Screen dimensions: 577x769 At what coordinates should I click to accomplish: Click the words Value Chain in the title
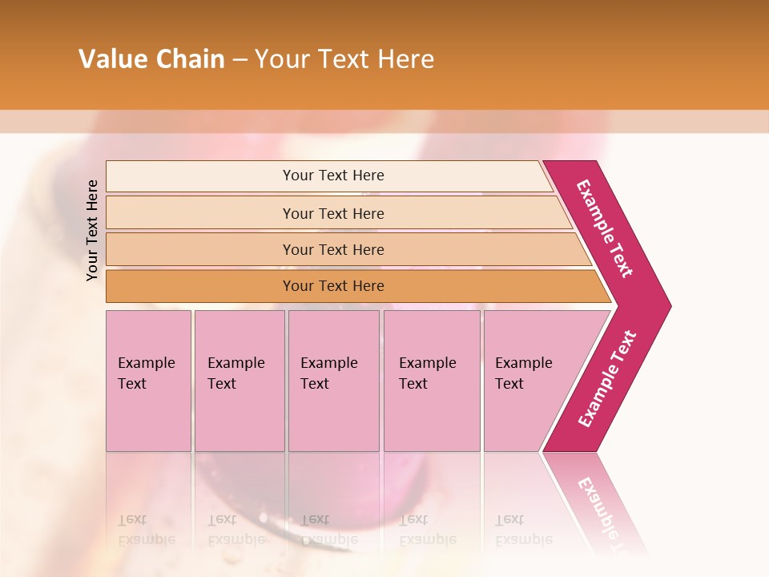151,59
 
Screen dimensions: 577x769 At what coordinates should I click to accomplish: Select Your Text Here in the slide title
344,59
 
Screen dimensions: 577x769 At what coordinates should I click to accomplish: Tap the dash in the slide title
240,60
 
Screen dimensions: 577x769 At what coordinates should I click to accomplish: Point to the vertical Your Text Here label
93,230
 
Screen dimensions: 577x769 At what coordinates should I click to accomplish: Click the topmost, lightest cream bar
200,176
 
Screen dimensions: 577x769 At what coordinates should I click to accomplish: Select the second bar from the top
200,213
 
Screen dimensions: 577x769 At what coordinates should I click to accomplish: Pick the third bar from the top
200,249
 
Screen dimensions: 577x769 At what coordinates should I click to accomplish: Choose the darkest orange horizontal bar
200,286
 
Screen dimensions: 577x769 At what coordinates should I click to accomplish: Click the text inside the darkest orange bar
333,286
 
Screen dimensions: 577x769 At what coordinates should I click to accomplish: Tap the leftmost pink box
148,417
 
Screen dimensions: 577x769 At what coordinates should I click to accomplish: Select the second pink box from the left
240,417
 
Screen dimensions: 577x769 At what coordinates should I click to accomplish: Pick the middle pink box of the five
333,417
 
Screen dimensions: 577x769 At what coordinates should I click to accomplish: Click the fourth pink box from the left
432,417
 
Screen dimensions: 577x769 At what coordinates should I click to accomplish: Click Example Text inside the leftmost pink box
146,373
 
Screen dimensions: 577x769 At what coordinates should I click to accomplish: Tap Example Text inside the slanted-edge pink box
523,373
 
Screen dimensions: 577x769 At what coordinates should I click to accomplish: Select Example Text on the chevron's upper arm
605,228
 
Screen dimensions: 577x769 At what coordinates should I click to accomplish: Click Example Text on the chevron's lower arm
607,379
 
